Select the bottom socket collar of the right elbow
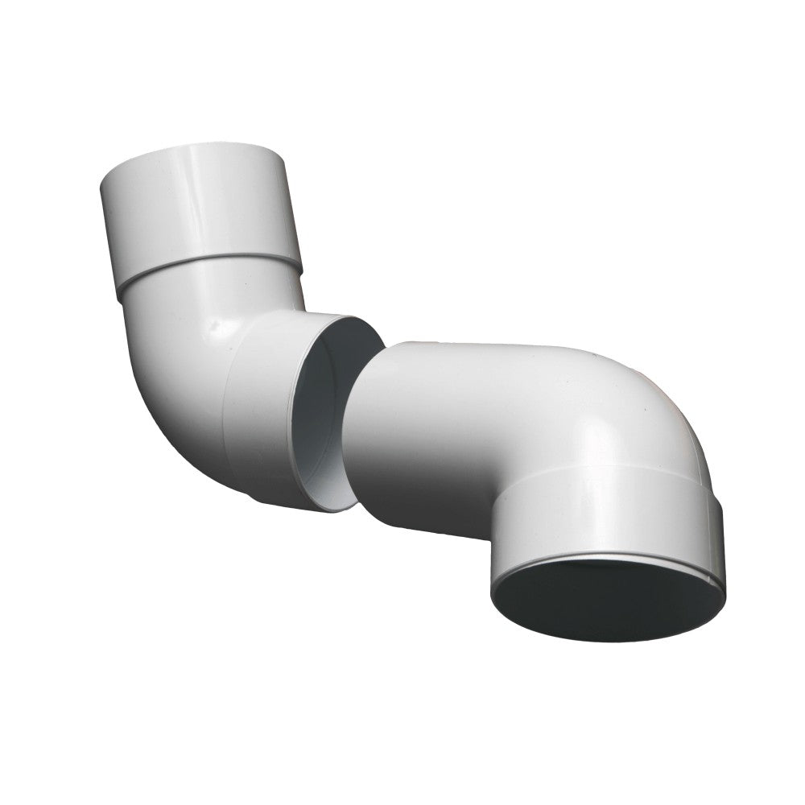[604, 515]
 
